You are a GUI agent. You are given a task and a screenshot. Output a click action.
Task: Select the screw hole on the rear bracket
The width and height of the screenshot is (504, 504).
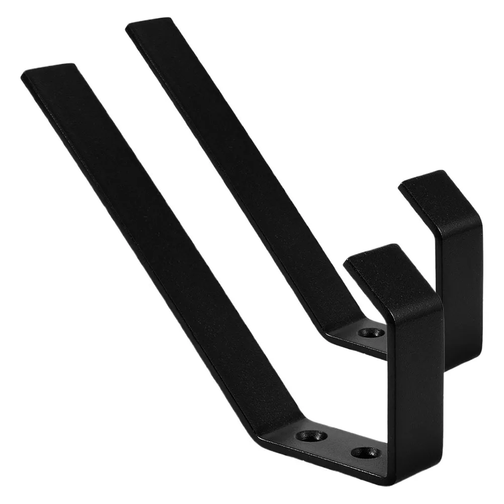(371, 332)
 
